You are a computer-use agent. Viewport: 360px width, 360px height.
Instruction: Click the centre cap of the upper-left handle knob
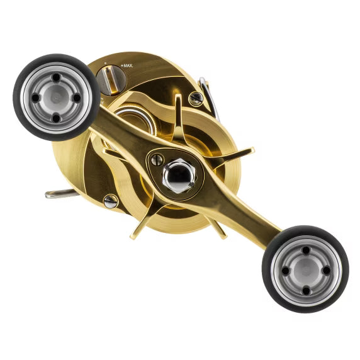click(x=55, y=98)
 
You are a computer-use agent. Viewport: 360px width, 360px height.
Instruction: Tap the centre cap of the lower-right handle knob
click(x=305, y=270)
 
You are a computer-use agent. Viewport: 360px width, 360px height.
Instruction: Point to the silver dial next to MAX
click(x=111, y=79)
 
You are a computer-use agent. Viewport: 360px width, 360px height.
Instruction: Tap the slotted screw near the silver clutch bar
click(x=196, y=99)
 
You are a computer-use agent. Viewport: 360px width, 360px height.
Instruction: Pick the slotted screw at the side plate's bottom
click(x=110, y=201)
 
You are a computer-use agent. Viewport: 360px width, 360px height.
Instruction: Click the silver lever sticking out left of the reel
click(x=61, y=194)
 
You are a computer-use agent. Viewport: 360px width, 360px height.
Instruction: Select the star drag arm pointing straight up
click(x=178, y=113)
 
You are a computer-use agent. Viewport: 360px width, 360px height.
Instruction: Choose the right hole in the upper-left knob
click(x=76, y=98)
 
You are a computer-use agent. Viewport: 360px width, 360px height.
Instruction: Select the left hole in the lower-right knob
click(x=284, y=270)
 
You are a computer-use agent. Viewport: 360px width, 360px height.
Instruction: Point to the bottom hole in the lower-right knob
click(x=305, y=290)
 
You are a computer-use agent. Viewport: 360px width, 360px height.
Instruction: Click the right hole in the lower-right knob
click(x=325, y=270)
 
